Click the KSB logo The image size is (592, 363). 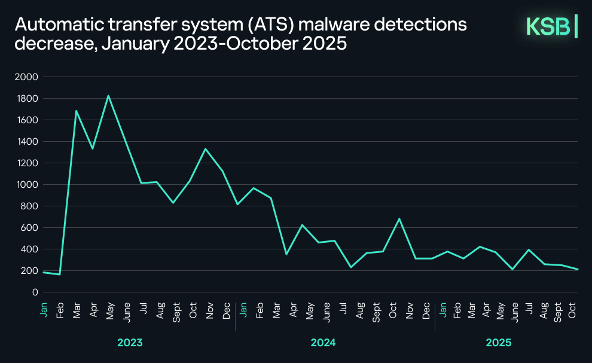pos(551,27)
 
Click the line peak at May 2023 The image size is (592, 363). pos(108,96)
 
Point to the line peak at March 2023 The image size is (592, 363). pos(76,111)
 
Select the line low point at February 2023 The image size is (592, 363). pos(60,274)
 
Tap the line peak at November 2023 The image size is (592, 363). pos(206,149)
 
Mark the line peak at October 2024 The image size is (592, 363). pos(399,219)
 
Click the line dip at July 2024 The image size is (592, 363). pos(350,267)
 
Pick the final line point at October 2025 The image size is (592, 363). pos(577,269)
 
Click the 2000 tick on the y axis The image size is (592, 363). pos(28,77)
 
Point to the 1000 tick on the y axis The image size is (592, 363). pos(28,185)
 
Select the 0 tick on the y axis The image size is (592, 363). pos(35,292)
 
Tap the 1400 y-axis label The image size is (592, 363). pos(28,142)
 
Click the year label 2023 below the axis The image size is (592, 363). pos(130,343)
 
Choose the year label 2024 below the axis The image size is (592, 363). pos(323,343)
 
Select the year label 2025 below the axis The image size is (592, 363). pos(499,343)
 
